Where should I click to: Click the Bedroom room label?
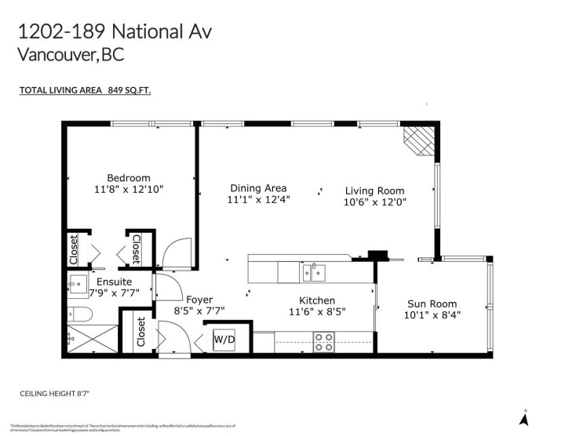coord(129,178)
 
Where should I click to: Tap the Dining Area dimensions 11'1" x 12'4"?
coord(258,200)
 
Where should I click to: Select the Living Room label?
coord(375,191)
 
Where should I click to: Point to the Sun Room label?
coord(432,304)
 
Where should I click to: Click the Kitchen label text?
coord(317,300)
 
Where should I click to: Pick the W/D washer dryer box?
coord(224,340)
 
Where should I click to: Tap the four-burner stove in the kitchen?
coord(323,342)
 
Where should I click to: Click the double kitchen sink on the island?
coord(315,273)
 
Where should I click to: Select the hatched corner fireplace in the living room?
coord(417,142)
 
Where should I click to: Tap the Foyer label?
coord(199,300)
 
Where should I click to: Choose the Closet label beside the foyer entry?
coord(141,332)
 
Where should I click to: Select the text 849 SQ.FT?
coord(130,91)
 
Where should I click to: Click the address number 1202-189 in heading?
coord(62,31)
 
